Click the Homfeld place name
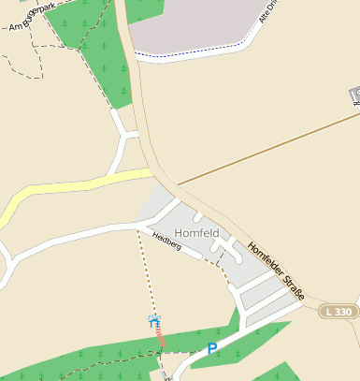197,232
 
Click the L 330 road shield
338,311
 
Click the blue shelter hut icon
155,320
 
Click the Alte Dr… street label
269,16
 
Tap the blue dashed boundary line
196,57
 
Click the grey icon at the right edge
356,95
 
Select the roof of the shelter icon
155,317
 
